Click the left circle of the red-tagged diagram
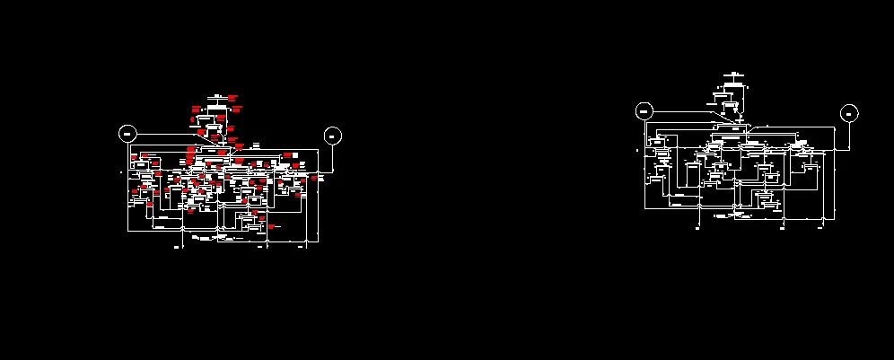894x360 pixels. click(x=127, y=134)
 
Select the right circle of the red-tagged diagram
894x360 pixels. click(x=332, y=136)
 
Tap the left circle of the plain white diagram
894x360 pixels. click(x=644, y=111)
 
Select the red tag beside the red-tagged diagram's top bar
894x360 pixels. click(x=232, y=96)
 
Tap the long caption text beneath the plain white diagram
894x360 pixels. click(x=723, y=217)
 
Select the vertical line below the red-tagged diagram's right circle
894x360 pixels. click(x=332, y=157)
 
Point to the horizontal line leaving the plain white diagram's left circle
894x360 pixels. click(x=682, y=111)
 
